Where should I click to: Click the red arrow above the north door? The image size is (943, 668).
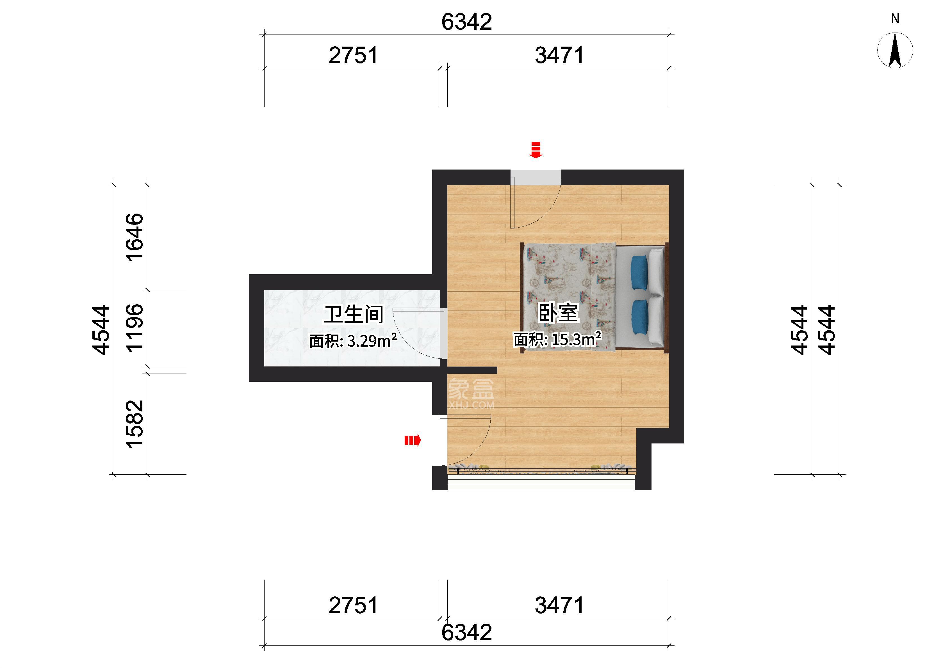(x=535, y=150)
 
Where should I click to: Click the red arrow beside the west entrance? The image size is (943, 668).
(x=413, y=441)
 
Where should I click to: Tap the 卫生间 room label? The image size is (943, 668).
(x=354, y=315)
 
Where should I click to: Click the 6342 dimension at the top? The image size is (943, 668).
(x=466, y=22)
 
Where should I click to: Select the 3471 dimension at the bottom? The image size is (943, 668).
(x=559, y=605)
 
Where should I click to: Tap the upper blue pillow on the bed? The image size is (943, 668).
(x=639, y=272)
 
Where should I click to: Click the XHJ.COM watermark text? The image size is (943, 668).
(x=471, y=405)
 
